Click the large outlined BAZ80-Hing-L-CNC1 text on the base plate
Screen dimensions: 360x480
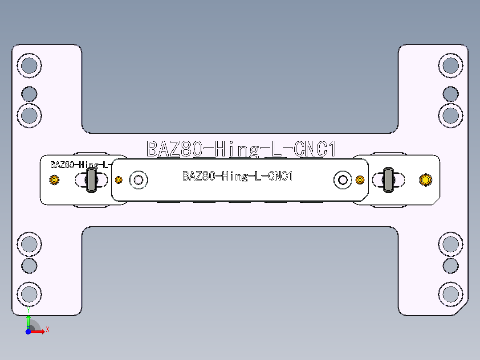tap(241, 149)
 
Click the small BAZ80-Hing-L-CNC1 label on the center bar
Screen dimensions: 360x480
tap(238, 176)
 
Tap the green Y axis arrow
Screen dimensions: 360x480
tap(28, 320)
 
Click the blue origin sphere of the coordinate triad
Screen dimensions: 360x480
tap(28, 331)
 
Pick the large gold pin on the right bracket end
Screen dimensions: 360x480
tap(426, 180)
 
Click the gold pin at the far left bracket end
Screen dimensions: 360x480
tap(54, 180)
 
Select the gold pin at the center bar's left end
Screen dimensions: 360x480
tap(118, 180)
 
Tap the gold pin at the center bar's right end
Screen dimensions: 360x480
tap(360, 180)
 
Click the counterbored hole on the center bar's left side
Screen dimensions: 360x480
tap(138, 180)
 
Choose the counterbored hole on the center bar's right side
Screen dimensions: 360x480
tap(342, 180)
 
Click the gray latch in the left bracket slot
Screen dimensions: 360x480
tap(92, 180)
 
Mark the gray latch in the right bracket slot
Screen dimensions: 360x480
tap(388, 180)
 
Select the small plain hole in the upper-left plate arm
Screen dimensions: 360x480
tap(29, 94)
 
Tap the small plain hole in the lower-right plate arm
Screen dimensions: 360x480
tap(451, 266)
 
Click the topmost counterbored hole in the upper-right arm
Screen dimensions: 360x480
tap(451, 65)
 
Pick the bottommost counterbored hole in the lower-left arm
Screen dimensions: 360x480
tap(29, 294)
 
